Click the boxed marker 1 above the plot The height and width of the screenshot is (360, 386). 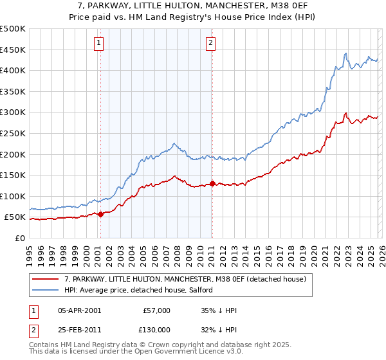(x=100, y=43)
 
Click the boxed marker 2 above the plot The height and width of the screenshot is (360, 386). (x=211, y=43)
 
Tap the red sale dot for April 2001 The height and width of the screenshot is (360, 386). (x=100, y=214)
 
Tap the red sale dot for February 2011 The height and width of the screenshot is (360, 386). (x=212, y=184)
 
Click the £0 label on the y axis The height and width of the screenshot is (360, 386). (x=20, y=238)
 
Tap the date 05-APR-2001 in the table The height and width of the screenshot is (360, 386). (x=79, y=310)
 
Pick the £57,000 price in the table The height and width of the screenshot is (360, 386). (x=156, y=310)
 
